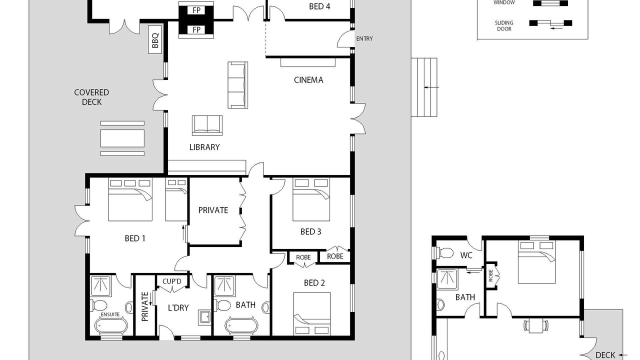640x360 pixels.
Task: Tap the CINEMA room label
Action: [x=308, y=80]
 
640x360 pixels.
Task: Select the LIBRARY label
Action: [x=204, y=147]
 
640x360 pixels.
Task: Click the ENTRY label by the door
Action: [x=364, y=38]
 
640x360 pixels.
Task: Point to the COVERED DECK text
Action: [x=91, y=97]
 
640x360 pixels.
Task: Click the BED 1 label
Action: [x=135, y=238]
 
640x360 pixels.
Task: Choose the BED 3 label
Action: [x=311, y=231]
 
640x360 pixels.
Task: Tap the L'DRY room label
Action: [x=178, y=307]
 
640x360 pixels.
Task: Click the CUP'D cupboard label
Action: [x=171, y=281]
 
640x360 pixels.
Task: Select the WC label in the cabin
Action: [x=466, y=255]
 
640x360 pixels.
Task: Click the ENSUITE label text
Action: [x=110, y=314]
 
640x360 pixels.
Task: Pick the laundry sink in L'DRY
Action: [x=204, y=317]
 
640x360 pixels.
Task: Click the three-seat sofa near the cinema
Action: [x=237, y=85]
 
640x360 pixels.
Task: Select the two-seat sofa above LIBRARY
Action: [x=207, y=125]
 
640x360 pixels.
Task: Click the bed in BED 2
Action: [x=312, y=313]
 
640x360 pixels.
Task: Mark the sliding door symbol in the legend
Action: [x=550, y=23]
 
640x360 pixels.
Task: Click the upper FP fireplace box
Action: [x=196, y=10]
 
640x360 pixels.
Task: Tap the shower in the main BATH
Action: [x=224, y=286]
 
